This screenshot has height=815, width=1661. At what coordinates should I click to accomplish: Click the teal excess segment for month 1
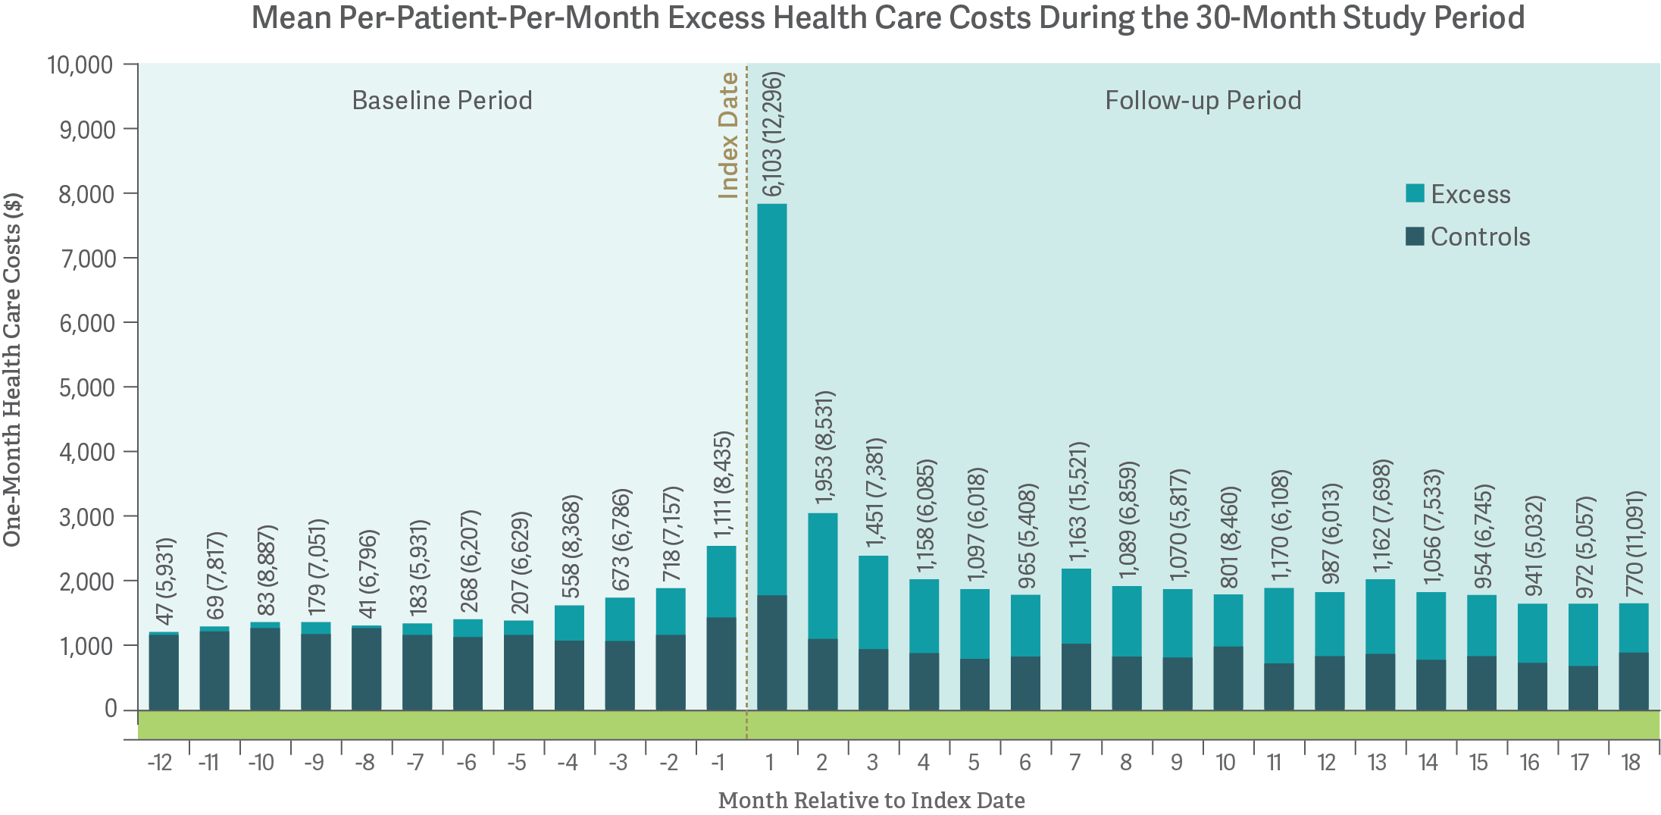(x=771, y=400)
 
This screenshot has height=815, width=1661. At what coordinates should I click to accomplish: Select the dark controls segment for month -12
(x=164, y=672)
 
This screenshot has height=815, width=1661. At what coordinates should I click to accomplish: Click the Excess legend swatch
(x=1414, y=193)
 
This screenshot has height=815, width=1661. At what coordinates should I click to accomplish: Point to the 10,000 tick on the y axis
(x=80, y=65)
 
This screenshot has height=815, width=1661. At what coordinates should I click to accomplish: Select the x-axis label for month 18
(x=1631, y=763)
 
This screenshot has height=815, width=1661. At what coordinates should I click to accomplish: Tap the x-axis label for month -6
(x=466, y=763)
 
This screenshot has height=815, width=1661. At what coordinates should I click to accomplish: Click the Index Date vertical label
(x=728, y=135)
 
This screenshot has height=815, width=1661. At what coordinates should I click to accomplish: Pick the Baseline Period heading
(x=442, y=101)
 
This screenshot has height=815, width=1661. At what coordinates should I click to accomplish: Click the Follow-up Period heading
(x=1203, y=101)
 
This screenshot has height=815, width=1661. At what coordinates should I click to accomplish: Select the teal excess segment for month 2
(x=822, y=576)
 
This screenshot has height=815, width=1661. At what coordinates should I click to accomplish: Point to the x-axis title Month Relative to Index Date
(x=871, y=801)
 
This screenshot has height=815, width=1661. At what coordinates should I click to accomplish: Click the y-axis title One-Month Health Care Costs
(x=12, y=369)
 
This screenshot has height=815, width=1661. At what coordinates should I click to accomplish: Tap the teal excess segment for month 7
(x=1076, y=607)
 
